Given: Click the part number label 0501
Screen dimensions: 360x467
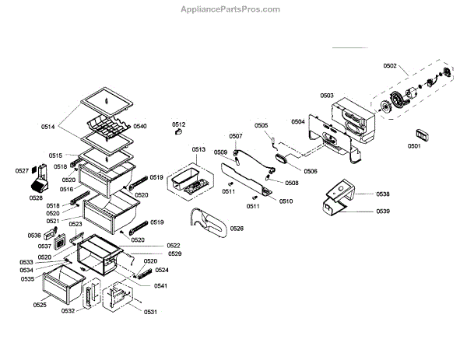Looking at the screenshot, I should [414, 145].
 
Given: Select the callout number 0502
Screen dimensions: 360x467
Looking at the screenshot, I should [391, 67].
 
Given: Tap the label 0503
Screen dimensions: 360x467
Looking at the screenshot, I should [327, 96].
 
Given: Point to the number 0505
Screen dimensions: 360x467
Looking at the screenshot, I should [261, 125].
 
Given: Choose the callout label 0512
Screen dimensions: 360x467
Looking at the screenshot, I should [179, 124].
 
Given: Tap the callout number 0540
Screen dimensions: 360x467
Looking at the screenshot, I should [140, 126].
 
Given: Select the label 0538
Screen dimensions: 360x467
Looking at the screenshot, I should [383, 194].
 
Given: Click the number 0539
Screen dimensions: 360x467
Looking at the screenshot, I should [383, 211].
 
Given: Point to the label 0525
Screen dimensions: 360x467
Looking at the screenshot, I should [40, 305].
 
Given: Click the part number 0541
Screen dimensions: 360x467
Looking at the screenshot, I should [160, 286].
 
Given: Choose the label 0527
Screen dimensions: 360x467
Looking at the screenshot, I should [23, 171].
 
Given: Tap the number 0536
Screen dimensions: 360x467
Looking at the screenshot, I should [34, 235].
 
